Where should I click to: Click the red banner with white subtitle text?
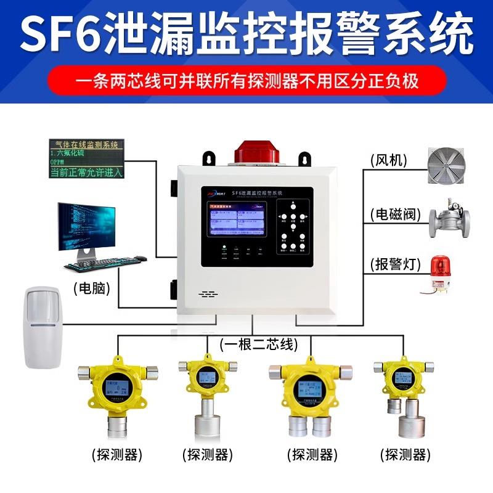[x=246, y=81]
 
